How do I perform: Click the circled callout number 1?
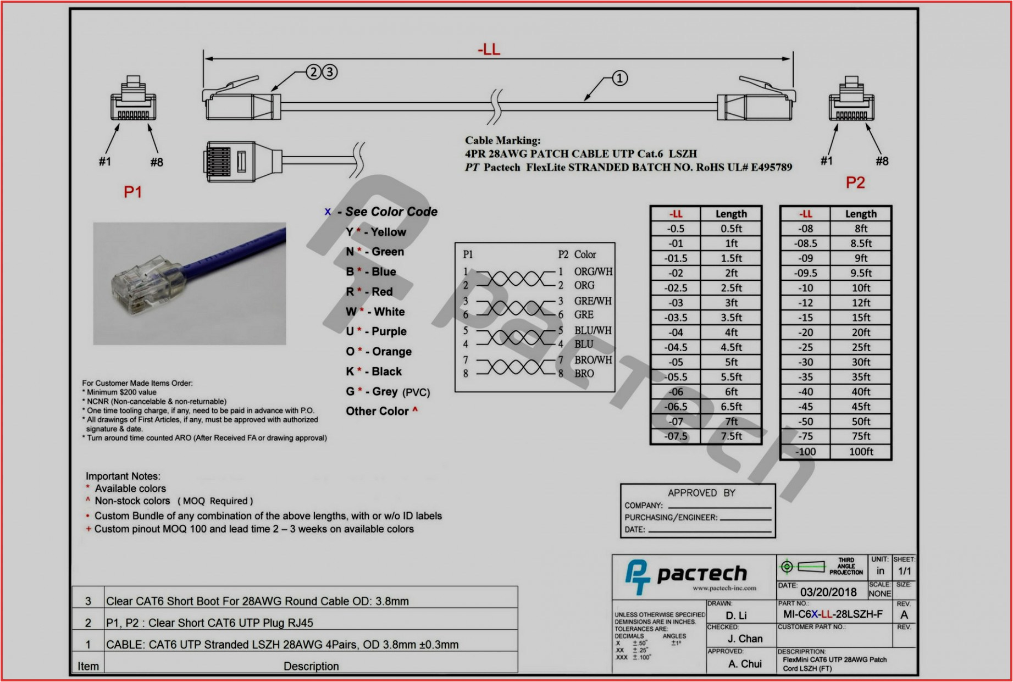coord(619,79)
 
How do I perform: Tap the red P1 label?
coord(132,192)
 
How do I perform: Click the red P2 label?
coord(855,182)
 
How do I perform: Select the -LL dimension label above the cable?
coord(489,49)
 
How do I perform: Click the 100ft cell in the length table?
coord(861,452)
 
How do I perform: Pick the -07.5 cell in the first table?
coord(676,436)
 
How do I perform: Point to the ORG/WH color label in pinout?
coord(593,271)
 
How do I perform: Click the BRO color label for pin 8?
coord(584,374)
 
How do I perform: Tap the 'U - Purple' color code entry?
coord(376,331)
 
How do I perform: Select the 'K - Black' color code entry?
coord(374,372)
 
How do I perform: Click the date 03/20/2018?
coord(828,592)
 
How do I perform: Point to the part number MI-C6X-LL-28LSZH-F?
coord(833,614)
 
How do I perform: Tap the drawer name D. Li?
coord(736,616)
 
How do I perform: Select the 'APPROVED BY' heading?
coord(701,493)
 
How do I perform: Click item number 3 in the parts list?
coord(88,601)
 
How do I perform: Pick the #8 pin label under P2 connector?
coord(882,161)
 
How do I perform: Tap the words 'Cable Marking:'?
coord(502,141)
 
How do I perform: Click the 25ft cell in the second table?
coord(861,347)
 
